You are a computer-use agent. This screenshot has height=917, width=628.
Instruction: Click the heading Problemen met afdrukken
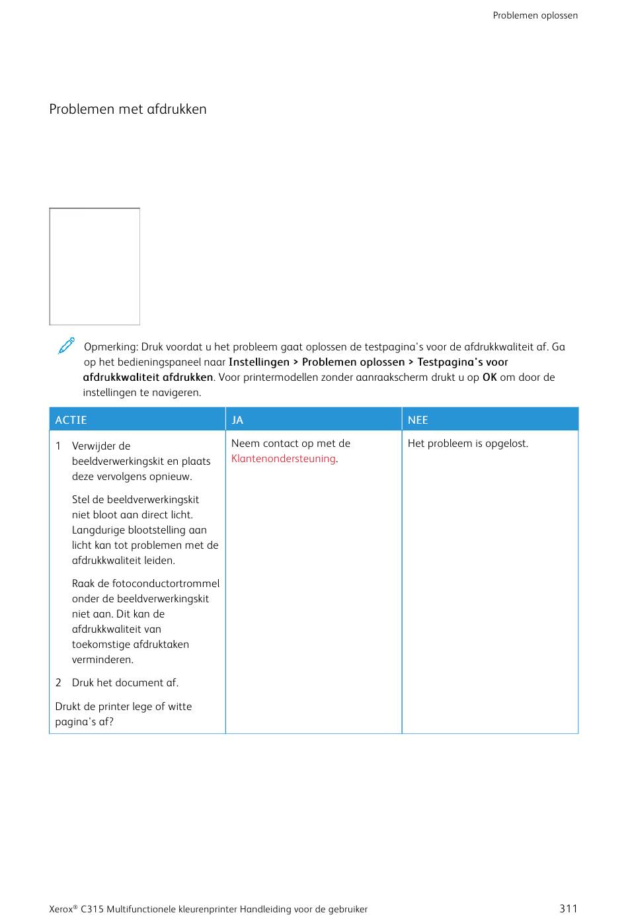tap(128, 109)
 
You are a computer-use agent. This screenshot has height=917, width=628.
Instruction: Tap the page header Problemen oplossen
tap(535, 15)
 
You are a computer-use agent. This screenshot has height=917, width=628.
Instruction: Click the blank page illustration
tap(95, 266)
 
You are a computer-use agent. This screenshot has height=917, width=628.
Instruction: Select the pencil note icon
tap(66, 346)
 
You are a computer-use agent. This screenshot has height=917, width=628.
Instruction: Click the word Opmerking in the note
tap(110, 347)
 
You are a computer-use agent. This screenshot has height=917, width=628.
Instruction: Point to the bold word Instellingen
tap(258, 362)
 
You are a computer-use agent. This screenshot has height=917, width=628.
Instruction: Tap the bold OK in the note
tap(489, 378)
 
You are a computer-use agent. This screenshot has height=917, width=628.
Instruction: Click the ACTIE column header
tap(71, 420)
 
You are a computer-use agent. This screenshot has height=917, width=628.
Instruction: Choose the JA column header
tap(237, 420)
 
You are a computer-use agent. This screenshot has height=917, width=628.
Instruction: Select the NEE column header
tap(418, 420)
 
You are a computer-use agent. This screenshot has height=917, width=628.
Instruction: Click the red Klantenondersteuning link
tap(283, 459)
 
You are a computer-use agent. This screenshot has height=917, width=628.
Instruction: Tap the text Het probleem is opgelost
tap(467, 444)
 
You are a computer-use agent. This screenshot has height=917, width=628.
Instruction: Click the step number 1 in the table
tap(58, 446)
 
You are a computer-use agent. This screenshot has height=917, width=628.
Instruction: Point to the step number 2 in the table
tap(58, 683)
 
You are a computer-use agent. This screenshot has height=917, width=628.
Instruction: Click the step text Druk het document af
tap(125, 683)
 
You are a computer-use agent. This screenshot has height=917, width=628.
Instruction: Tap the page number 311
tap(568, 908)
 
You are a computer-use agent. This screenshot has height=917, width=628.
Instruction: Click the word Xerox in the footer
tap(61, 909)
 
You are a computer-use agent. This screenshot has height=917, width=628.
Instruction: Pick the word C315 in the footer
tap(92, 909)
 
